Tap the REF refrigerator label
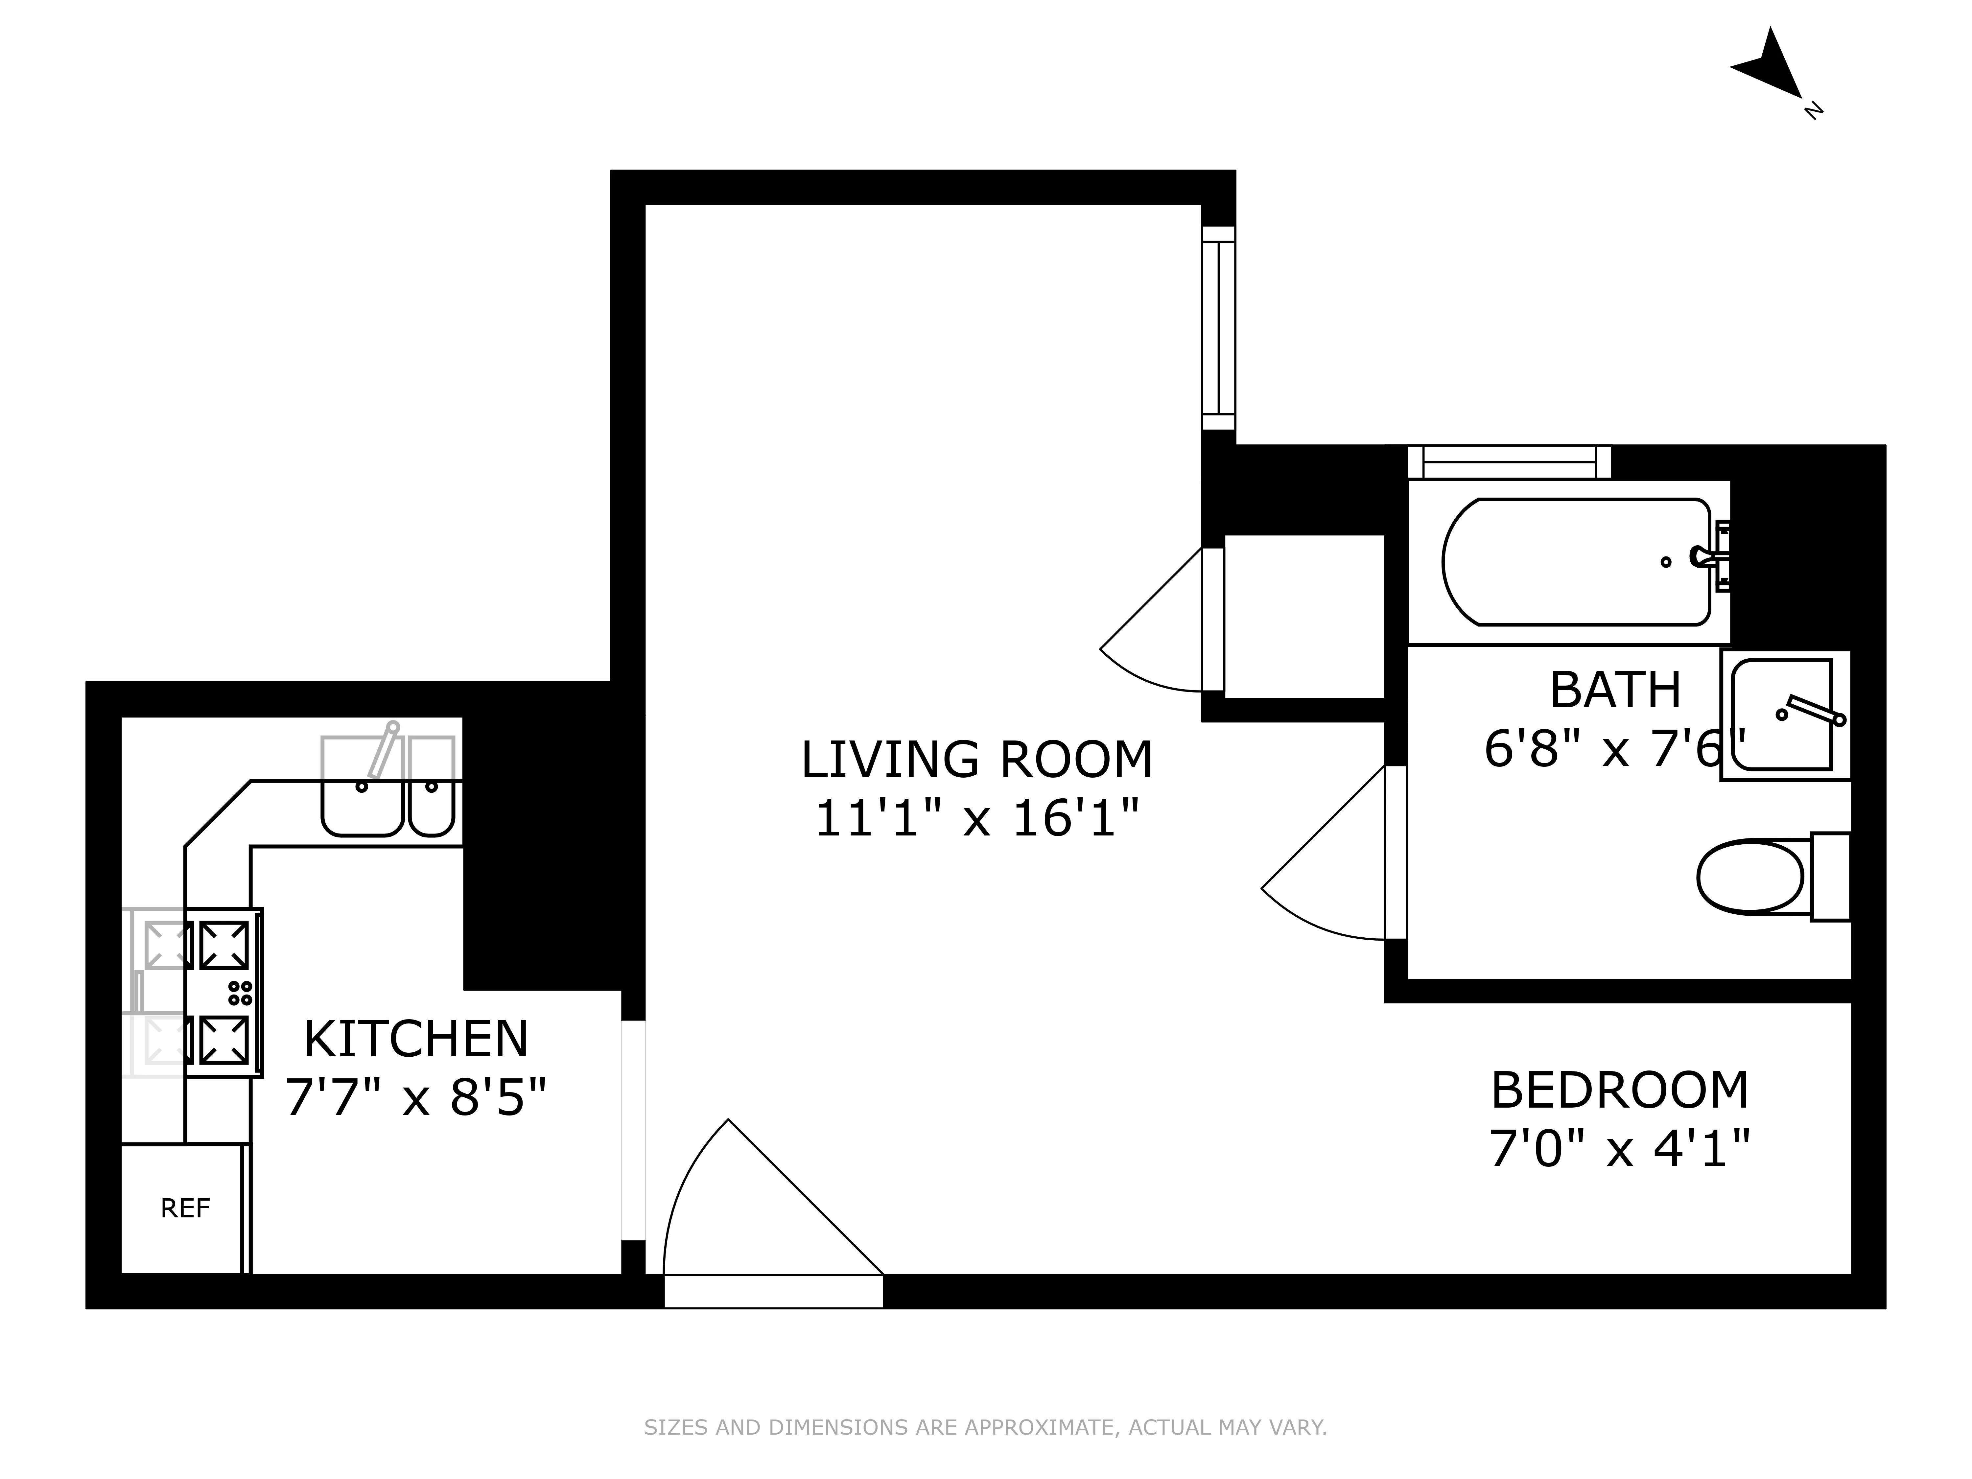[x=185, y=1209]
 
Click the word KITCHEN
[x=416, y=1040]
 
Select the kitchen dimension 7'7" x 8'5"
[x=415, y=1097]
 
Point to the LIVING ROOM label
[x=976, y=760]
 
